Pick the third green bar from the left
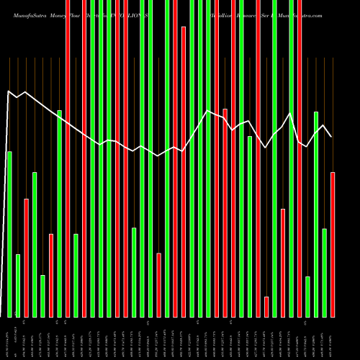tap(35, 245)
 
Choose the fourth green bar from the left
tap(42, 296)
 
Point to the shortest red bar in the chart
tap(266, 307)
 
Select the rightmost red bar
tap(333, 245)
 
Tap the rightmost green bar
tap(325, 273)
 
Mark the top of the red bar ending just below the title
tap(184, 27)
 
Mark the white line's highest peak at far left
tap(9, 91)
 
